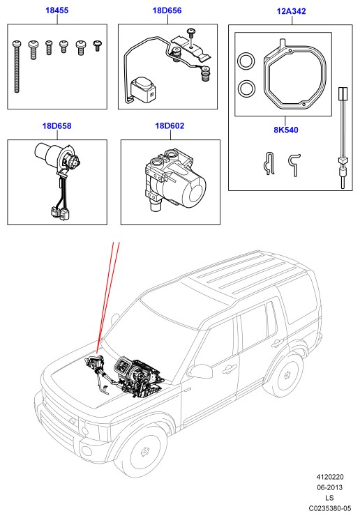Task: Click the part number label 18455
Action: [x=57, y=10]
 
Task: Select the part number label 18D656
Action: [x=167, y=10]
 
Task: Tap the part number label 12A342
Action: [x=291, y=11]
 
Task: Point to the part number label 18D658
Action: [x=57, y=126]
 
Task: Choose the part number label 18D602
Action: [x=170, y=126]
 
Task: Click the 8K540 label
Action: [x=286, y=130]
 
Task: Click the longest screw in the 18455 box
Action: [x=17, y=66]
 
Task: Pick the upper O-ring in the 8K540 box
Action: [x=246, y=61]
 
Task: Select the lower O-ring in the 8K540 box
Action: [x=246, y=89]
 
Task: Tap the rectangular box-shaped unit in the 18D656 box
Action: [x=143, y=90]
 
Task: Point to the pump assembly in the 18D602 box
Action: [x=174, y=179]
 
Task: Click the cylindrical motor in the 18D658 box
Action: [x=50, y=153]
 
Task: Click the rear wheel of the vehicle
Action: [x=287, y=375]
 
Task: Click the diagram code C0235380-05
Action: [x=330, y=508]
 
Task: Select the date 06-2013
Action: [x=330, y=487]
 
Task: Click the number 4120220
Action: [x=330, y=477]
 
